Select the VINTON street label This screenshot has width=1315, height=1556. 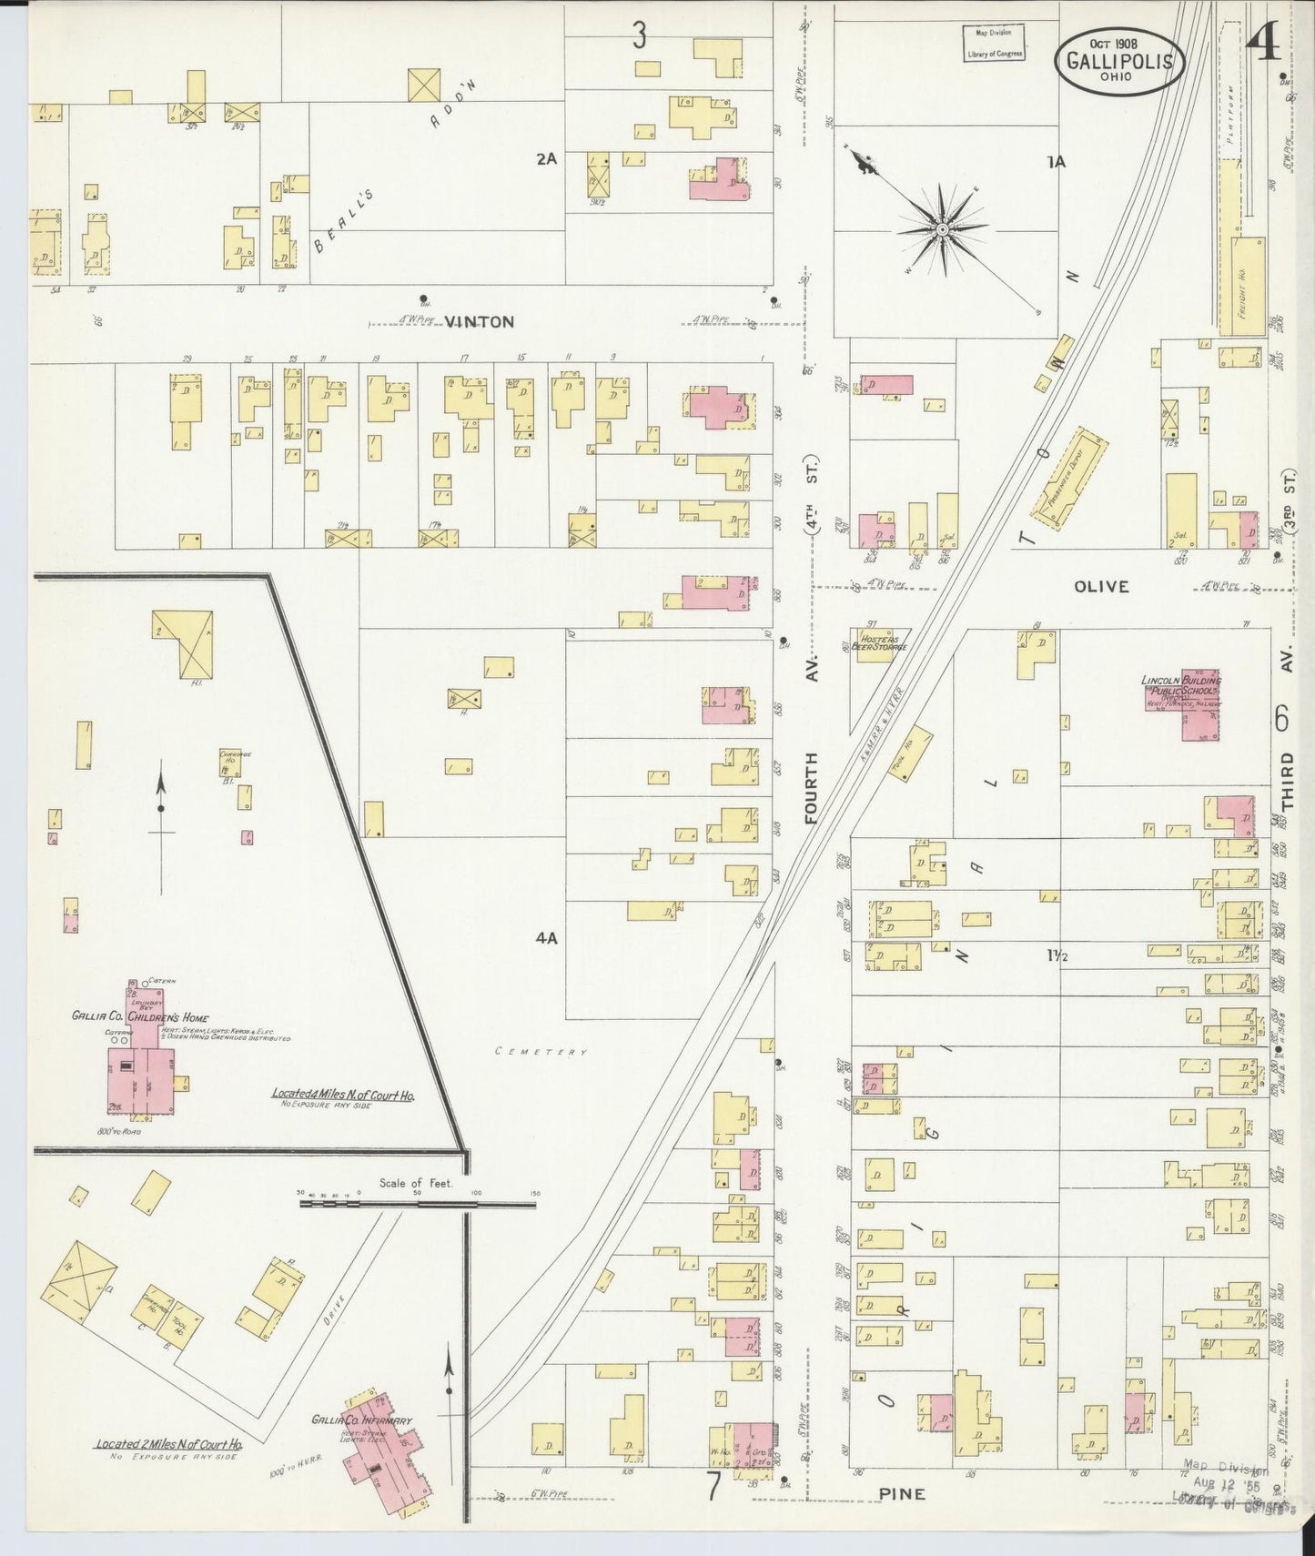479,321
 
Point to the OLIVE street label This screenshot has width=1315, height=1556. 1100,587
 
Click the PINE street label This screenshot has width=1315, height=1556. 902,1493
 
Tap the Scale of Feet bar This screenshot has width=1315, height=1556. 419,1203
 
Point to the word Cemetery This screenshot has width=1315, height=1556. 541,1052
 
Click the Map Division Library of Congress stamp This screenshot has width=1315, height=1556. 994,43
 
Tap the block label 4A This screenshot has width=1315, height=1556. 545,937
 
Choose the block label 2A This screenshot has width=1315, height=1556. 545,158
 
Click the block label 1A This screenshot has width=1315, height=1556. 1056,162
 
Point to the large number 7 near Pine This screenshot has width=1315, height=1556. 713,1487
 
